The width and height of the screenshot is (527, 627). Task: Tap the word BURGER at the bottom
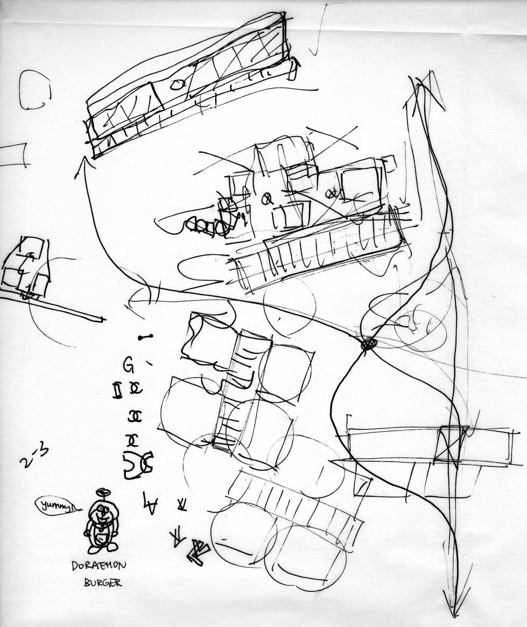tap(102, 582)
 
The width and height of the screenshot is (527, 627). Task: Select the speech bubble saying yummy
tap(56, 505)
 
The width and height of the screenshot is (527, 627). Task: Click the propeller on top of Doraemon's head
tap(102, 493)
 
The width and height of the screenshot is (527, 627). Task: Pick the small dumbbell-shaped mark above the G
tap(145, 337)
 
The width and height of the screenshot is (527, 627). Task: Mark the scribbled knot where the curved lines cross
tap(368, 343)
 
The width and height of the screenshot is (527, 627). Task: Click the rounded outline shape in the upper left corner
tap(34, 91)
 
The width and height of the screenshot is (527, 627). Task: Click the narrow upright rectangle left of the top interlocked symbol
tap(116, 390)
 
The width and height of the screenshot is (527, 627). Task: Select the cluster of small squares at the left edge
tap(25, 267)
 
